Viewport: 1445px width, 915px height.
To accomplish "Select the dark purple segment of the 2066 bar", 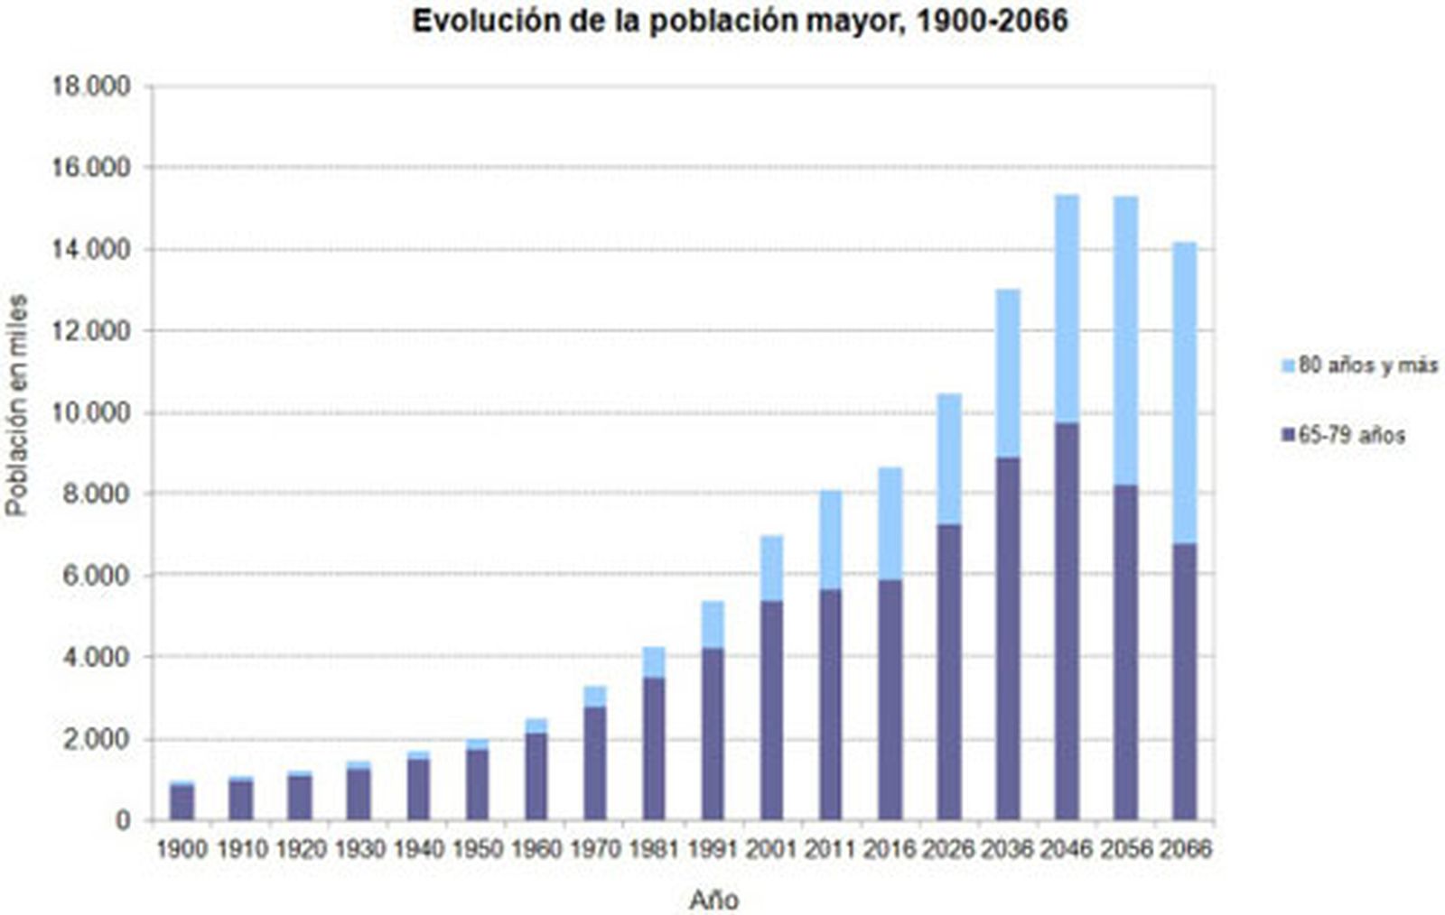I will click(1184, 681).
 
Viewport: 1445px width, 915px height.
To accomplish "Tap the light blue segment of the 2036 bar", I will click(1008, 374).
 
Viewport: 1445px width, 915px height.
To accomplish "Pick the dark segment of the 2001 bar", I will click(771, 710).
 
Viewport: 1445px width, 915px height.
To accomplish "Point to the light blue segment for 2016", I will click(890, 523).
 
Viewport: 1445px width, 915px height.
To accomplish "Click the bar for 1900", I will click(182, 802).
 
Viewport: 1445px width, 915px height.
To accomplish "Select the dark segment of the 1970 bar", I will click(594, 763).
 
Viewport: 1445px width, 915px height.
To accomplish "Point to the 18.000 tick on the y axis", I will click(91, 87).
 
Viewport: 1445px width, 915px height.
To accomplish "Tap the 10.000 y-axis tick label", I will click(91, 412).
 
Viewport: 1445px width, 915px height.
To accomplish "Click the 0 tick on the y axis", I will click(122, 820).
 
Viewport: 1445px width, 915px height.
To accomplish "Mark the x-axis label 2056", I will click(1125, 849).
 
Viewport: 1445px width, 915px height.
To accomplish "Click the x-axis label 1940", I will click(418, 849).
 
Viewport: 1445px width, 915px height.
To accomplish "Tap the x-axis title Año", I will click(713, 900).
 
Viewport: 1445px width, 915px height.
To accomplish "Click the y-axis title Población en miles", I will click(17, 406).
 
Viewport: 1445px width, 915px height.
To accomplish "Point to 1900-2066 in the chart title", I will click(992, 20).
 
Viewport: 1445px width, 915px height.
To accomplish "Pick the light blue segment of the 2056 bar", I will click(1125, 340).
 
